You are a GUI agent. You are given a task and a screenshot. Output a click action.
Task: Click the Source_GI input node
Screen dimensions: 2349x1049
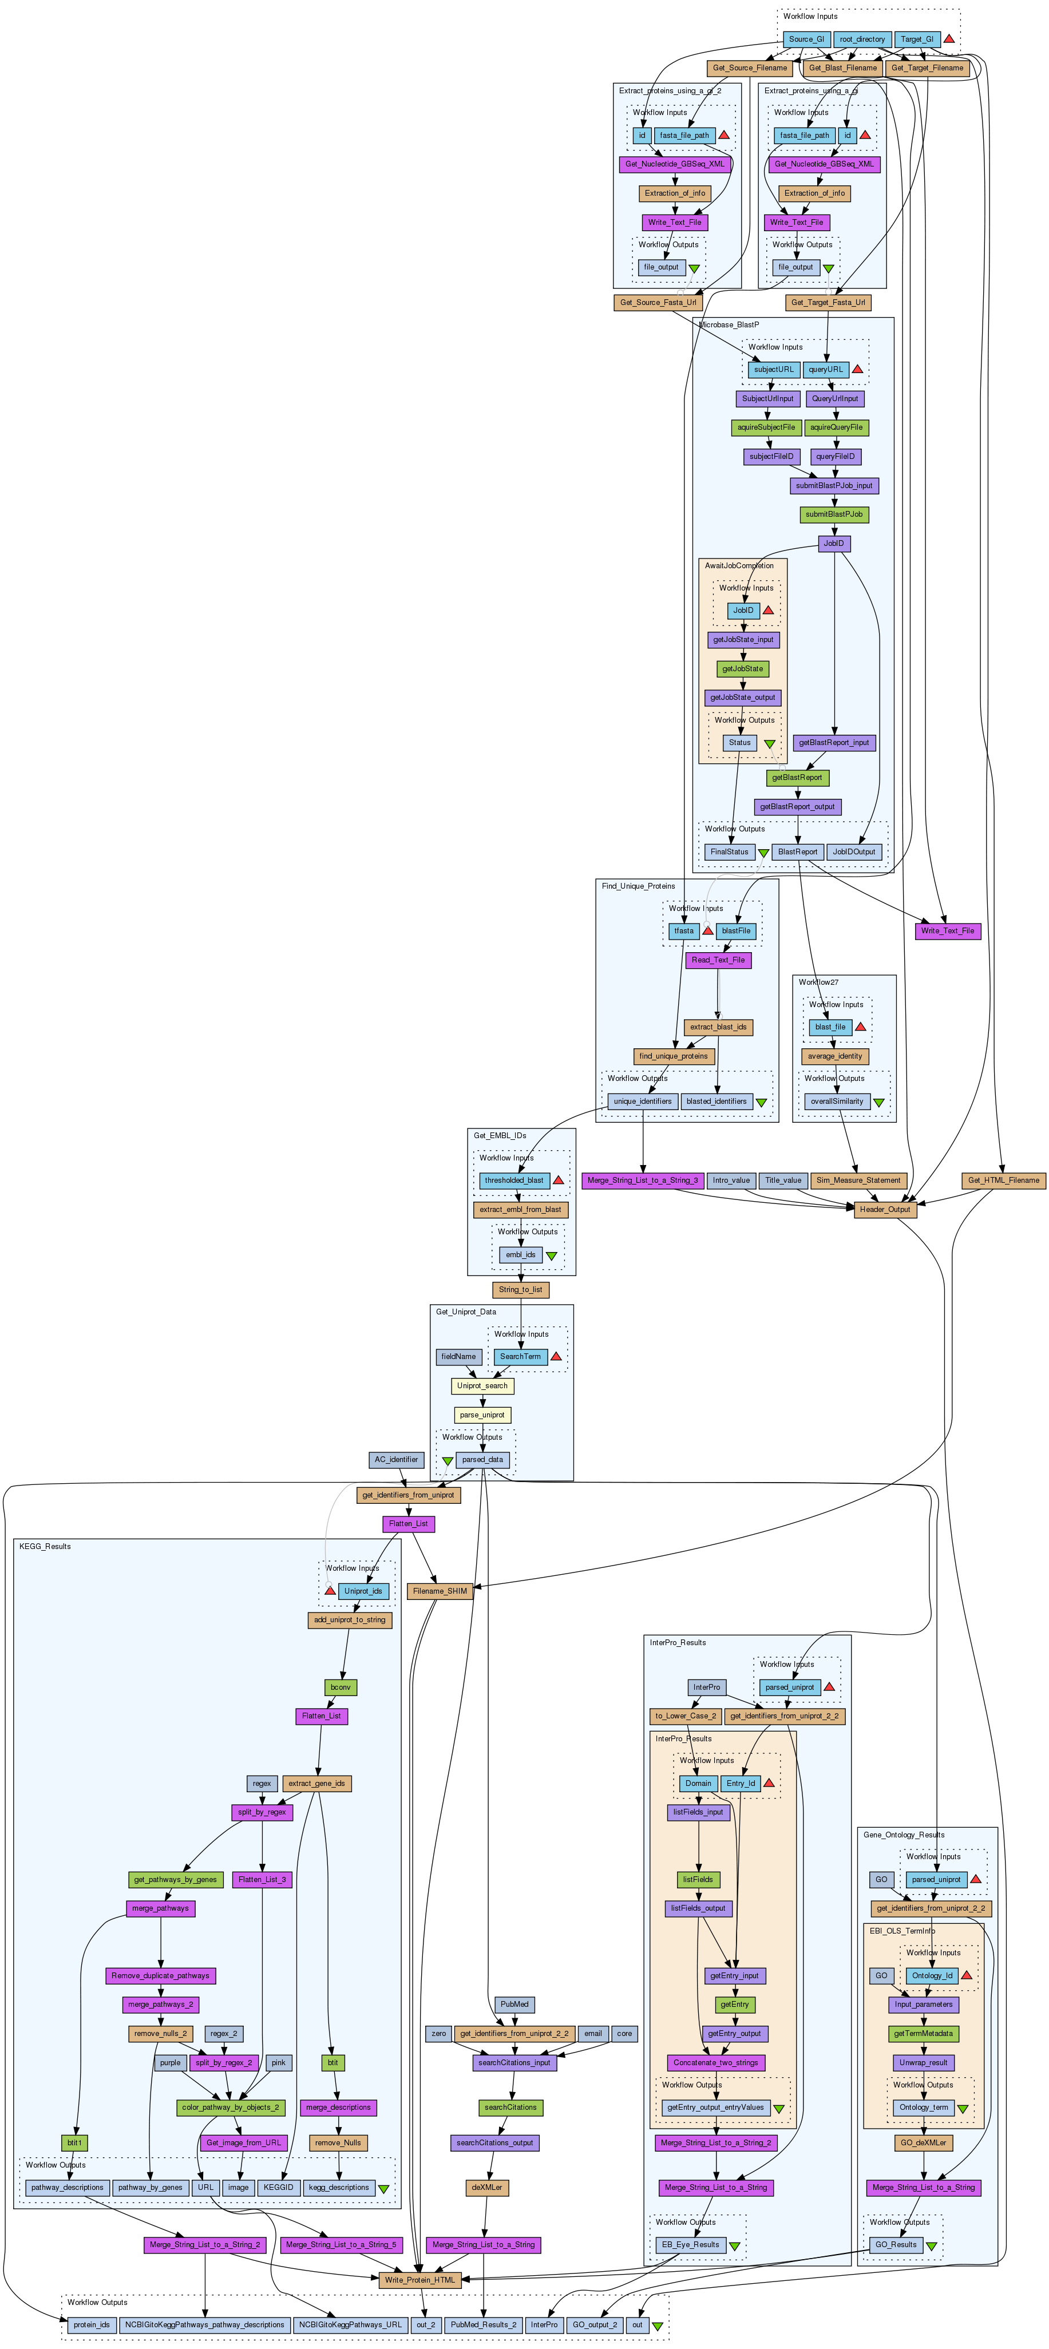pyautogui.click(x=806, y=39)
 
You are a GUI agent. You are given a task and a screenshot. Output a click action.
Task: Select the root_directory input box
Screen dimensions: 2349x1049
pyautogui.click(x=862, y=39)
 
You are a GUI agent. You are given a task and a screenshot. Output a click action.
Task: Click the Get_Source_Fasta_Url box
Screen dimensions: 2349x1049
pyautogui.click(x=658, y=302)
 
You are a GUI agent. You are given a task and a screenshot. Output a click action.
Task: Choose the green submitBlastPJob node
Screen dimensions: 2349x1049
pyautogui.click(x=834, y=514)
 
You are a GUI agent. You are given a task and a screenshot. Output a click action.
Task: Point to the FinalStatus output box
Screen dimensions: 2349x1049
pyautogui.click(x=729, y=851)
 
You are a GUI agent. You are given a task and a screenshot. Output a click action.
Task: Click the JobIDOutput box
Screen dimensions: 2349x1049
pyautogui.click(x=854, y=851)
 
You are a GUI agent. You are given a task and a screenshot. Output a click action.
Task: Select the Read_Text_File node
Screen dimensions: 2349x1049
pyautogui.click(x=718, y=959)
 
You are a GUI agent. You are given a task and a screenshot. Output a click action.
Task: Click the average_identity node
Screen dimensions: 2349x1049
pyautogui.click(x=834, y=1056)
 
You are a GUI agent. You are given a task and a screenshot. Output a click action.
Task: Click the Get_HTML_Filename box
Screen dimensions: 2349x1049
pyautogui.click(x=1003, y=1180)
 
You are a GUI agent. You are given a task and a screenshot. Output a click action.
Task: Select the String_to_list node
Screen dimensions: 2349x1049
pyautogui.click(x=521, y=1289)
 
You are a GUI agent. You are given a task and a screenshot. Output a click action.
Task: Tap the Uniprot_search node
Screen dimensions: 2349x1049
pyautogui.click(x=482, y=1385)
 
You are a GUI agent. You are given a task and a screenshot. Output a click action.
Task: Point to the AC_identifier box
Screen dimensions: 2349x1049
pyautogui.click(x=396, y=1459)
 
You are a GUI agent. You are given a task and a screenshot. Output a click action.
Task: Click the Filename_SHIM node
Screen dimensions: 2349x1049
pyautogui.click(x=440, y=1590)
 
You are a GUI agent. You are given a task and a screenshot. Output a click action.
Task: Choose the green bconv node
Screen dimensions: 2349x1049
pyautogui.click(x=341, y=1687)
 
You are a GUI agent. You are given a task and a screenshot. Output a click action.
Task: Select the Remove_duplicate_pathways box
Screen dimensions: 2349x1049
pyautogui.click(x=161, y=1975)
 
